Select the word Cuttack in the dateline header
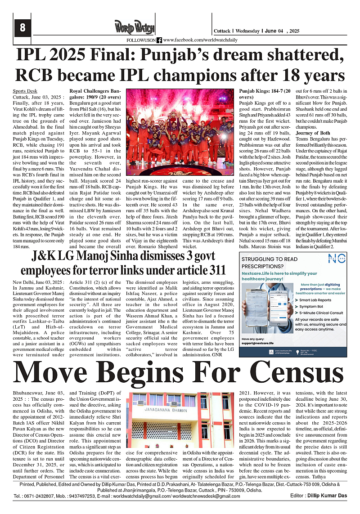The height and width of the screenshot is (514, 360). point(221,31)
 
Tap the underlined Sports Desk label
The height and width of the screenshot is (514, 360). point(25,90)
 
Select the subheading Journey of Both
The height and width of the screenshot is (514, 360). point(313,133)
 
